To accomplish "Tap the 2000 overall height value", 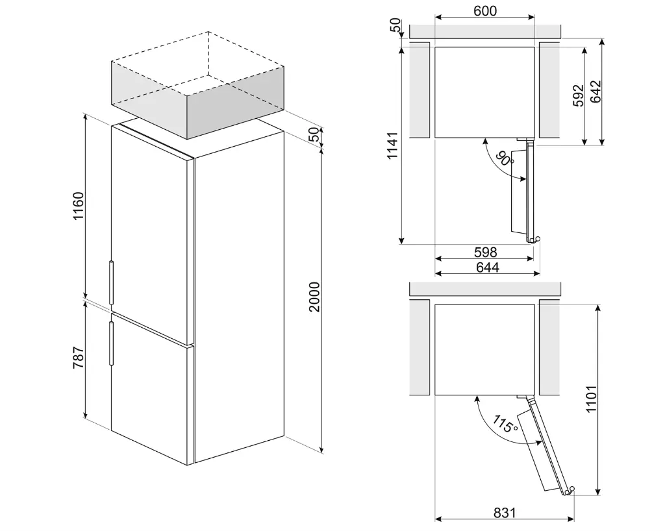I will click(314, 297).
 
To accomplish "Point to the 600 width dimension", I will click(484, 11).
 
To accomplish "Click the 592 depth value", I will click(579, 95).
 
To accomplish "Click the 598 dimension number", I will click(485, 252).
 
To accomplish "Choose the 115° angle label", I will click(505, 425).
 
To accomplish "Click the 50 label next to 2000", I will click(314, 134).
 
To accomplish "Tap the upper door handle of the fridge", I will click(112, 282).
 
